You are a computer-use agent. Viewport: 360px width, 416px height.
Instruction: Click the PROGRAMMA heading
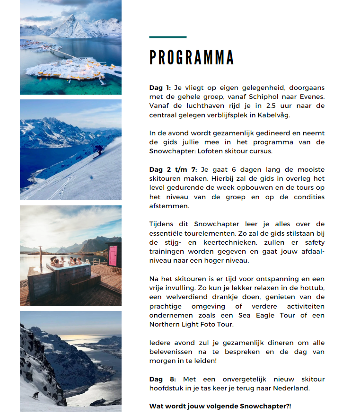click(192, 57)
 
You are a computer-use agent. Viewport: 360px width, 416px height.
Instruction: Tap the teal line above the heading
click(168, 37)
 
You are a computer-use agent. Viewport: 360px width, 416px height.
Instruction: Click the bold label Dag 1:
click(160, 88)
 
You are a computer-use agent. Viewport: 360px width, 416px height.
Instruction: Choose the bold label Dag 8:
click(162, 379)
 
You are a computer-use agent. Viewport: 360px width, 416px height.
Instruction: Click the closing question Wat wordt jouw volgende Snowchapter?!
click(220, 406)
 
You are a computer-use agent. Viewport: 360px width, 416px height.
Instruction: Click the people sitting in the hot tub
click(64, 261)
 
